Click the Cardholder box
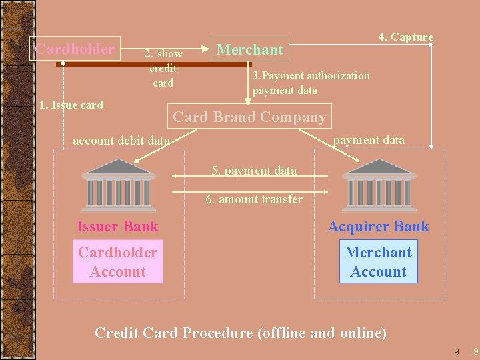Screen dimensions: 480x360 [x=75, y=49]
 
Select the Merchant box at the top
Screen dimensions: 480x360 [x=250, y=49]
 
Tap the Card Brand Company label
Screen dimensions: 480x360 [x=249, y=117]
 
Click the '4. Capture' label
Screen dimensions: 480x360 [x=405, y=37]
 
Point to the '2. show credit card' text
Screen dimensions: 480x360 [x=163, y=68]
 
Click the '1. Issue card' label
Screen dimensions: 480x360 [x=71, y=105]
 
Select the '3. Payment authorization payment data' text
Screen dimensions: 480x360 [x=311, y=83]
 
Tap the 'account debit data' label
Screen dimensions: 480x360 [x=121, y=141]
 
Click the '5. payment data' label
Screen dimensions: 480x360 [x=254, y=171]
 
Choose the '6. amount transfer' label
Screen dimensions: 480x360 [x=253, y=199]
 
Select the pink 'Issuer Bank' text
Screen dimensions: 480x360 [x=117, y=227]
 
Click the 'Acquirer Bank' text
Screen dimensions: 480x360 [x=378, y=227]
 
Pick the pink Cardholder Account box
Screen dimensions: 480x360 [x=118, y=262]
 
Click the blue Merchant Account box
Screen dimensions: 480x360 [x=378, y=262]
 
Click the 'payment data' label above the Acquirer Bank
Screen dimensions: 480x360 [x=369, y=140]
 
